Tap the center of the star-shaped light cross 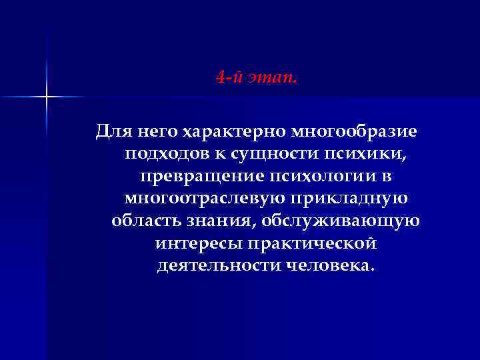[x=47, y=97]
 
